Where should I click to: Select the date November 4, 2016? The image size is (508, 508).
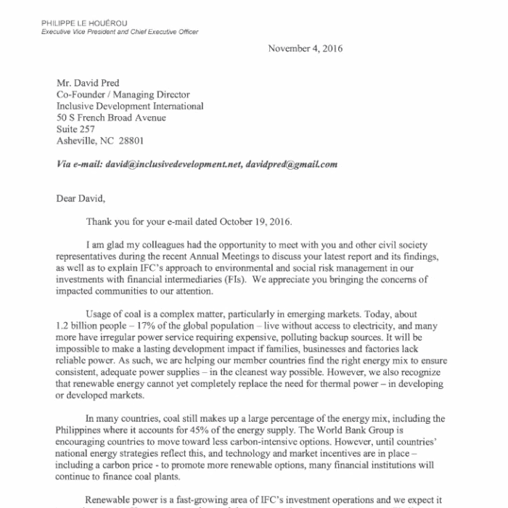tap(306, 49)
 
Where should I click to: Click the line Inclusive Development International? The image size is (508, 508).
tap(130, 106)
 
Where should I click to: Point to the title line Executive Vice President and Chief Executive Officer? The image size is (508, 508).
tap(120, 32)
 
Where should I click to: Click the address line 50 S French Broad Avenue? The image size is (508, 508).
tap(112, 118)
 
